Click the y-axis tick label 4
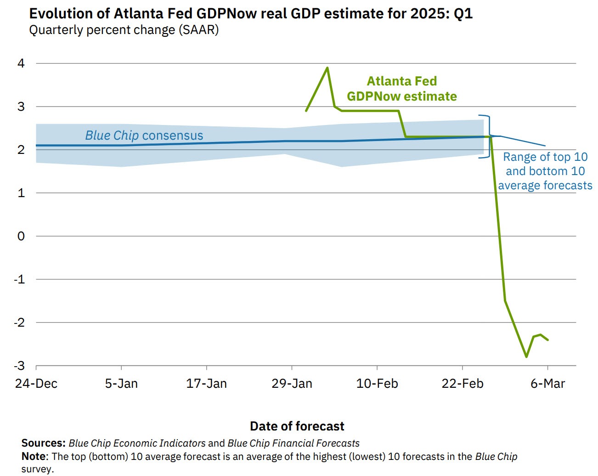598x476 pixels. [21, 63]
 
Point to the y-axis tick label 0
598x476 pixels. [21, 236]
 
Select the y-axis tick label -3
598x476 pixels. [19, 366]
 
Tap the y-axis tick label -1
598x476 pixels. [19, 279]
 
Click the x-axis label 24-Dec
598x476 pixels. [36, 384]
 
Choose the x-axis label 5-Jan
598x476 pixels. [121, 384]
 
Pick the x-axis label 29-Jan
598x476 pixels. [292, 384]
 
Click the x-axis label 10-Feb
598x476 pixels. [377, 384]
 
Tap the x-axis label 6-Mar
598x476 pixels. [547, 384]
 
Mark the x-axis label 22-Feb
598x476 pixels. [463, 384]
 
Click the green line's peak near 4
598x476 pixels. [327, 68]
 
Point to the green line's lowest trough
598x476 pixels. [526, 357]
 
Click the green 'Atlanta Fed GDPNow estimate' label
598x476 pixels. [402, 89]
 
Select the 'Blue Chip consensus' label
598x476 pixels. [144, 136]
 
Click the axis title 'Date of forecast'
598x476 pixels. [297, 426]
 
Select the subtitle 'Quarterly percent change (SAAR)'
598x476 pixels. [124, 30]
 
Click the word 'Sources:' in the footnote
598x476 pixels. [44, 443]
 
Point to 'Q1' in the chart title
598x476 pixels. [463, 13]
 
